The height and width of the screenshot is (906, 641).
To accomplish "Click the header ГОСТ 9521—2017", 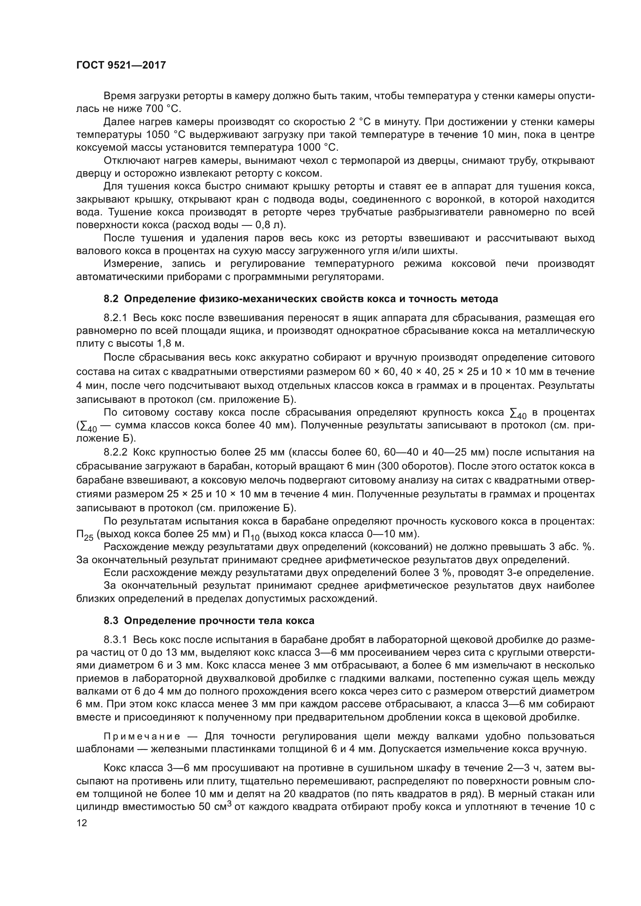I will point(121,65).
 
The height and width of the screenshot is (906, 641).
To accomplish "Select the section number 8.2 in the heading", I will point(111,299).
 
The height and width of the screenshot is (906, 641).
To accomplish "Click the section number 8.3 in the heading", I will point(111,620).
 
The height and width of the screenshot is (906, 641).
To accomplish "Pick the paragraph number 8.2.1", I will point(115,318).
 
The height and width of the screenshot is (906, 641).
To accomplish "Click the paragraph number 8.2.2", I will point(115,452).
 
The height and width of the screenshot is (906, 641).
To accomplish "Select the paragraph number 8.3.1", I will point(115,639).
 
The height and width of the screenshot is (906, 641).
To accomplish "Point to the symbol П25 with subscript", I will point(84,535).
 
